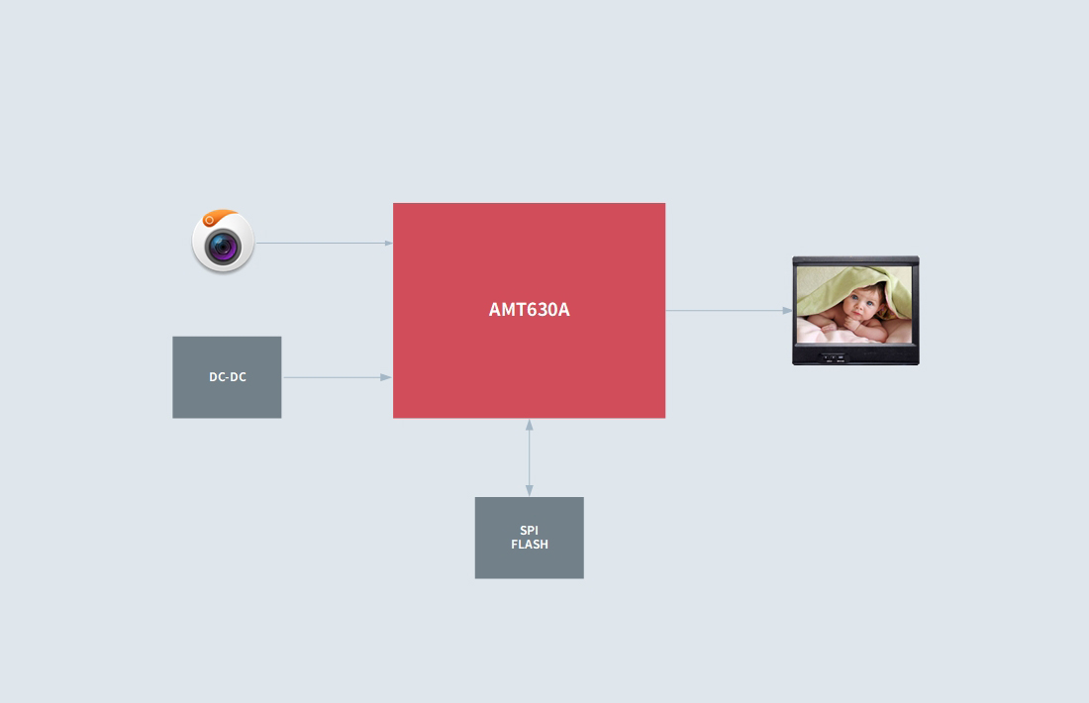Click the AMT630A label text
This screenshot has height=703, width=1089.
tap(529, 309)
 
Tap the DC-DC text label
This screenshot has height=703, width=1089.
tap(228, 377)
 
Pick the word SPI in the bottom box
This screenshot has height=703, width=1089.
tap(530, 531)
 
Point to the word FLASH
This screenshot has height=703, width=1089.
tap(530, 545)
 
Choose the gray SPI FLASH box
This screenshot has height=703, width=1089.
tap(530, 564)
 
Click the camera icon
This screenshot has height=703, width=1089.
tap(223, 241)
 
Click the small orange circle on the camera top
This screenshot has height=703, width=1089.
tap(209, 218)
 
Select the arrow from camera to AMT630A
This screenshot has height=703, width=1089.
tap(322, 243)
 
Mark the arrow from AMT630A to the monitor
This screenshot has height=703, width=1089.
tap(728, 310)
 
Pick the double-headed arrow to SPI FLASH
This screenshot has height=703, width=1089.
tap(530, 457)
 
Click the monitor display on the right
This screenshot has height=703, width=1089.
tap(855, 311)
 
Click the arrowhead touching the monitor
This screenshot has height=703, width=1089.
tap(788, 310)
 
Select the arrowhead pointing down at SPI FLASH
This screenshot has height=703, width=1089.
tap(530, 491)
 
